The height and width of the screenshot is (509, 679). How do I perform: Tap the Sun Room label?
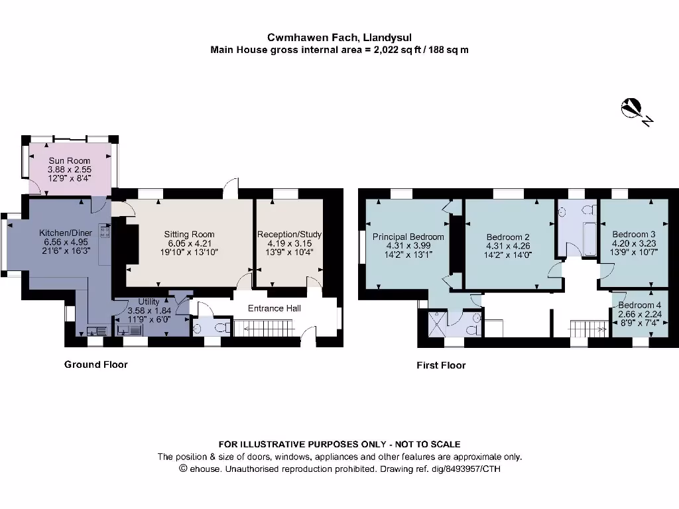pyautogui.click(x=69, y=160)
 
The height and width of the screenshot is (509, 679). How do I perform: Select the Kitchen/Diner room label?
pyautogui.click(x=66, y=233)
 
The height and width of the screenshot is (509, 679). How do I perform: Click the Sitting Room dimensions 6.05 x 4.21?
pyautogui.click(x=190, y=243)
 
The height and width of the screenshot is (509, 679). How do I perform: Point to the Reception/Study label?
pyautogui.click(x=289, y=234)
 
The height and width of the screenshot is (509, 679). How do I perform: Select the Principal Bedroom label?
pyautogui.click(x=408, y=237)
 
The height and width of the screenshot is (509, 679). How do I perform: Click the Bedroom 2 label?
pyautogui.click(x=508, y=237)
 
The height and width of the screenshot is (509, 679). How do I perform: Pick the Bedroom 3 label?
pyautogui.click(x=633, y=234)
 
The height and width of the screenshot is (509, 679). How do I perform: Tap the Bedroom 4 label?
pyautogui.click(x=639, y=305)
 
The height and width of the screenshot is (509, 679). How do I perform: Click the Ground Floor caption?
pyautogui.click(x=95, y=365)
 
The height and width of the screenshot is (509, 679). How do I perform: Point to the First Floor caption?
pyautogui.click(x=441, y=365)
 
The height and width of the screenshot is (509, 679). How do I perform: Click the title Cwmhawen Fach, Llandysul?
pyautogui.click(x=339, y=38)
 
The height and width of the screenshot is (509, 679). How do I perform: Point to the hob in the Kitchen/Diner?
pyautogui.click(x=104, y=231)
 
